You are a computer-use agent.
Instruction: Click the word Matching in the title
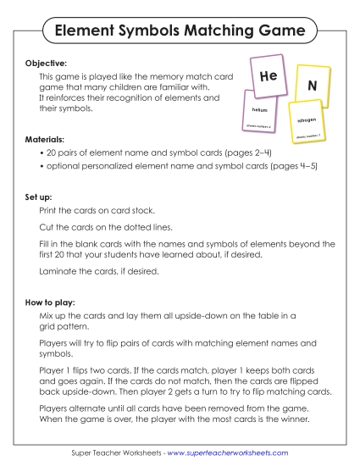click(212, 31)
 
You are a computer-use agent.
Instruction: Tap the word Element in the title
click(86, 31)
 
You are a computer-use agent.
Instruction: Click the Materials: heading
click(46, 137)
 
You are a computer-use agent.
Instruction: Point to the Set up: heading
click(40, 197)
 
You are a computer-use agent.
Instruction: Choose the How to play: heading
click(52, 301)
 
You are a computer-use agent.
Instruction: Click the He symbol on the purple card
click(268, 76)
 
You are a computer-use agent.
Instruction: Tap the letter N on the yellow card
click(312, 86)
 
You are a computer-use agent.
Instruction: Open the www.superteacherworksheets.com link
click(227, 453)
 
